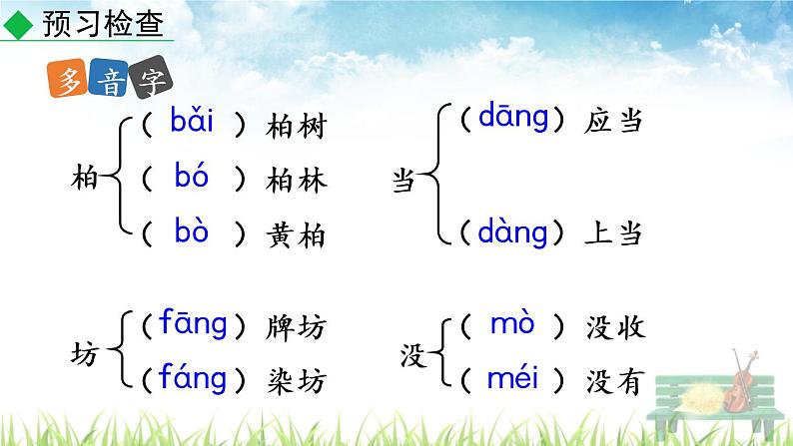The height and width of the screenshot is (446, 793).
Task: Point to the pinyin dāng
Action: point(513,119)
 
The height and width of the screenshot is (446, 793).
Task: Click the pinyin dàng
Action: point(513,232)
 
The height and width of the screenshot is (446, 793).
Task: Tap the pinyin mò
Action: point(512,324)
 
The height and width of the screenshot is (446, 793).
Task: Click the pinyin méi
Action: point(512,379)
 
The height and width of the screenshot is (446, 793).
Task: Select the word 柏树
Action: point(297,127)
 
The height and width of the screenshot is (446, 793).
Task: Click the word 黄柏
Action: point(297,234)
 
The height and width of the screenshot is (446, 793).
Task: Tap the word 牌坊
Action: point(297,326)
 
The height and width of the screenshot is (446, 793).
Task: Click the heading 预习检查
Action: point(103,22)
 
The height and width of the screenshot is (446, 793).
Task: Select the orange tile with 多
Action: point(68,82)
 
